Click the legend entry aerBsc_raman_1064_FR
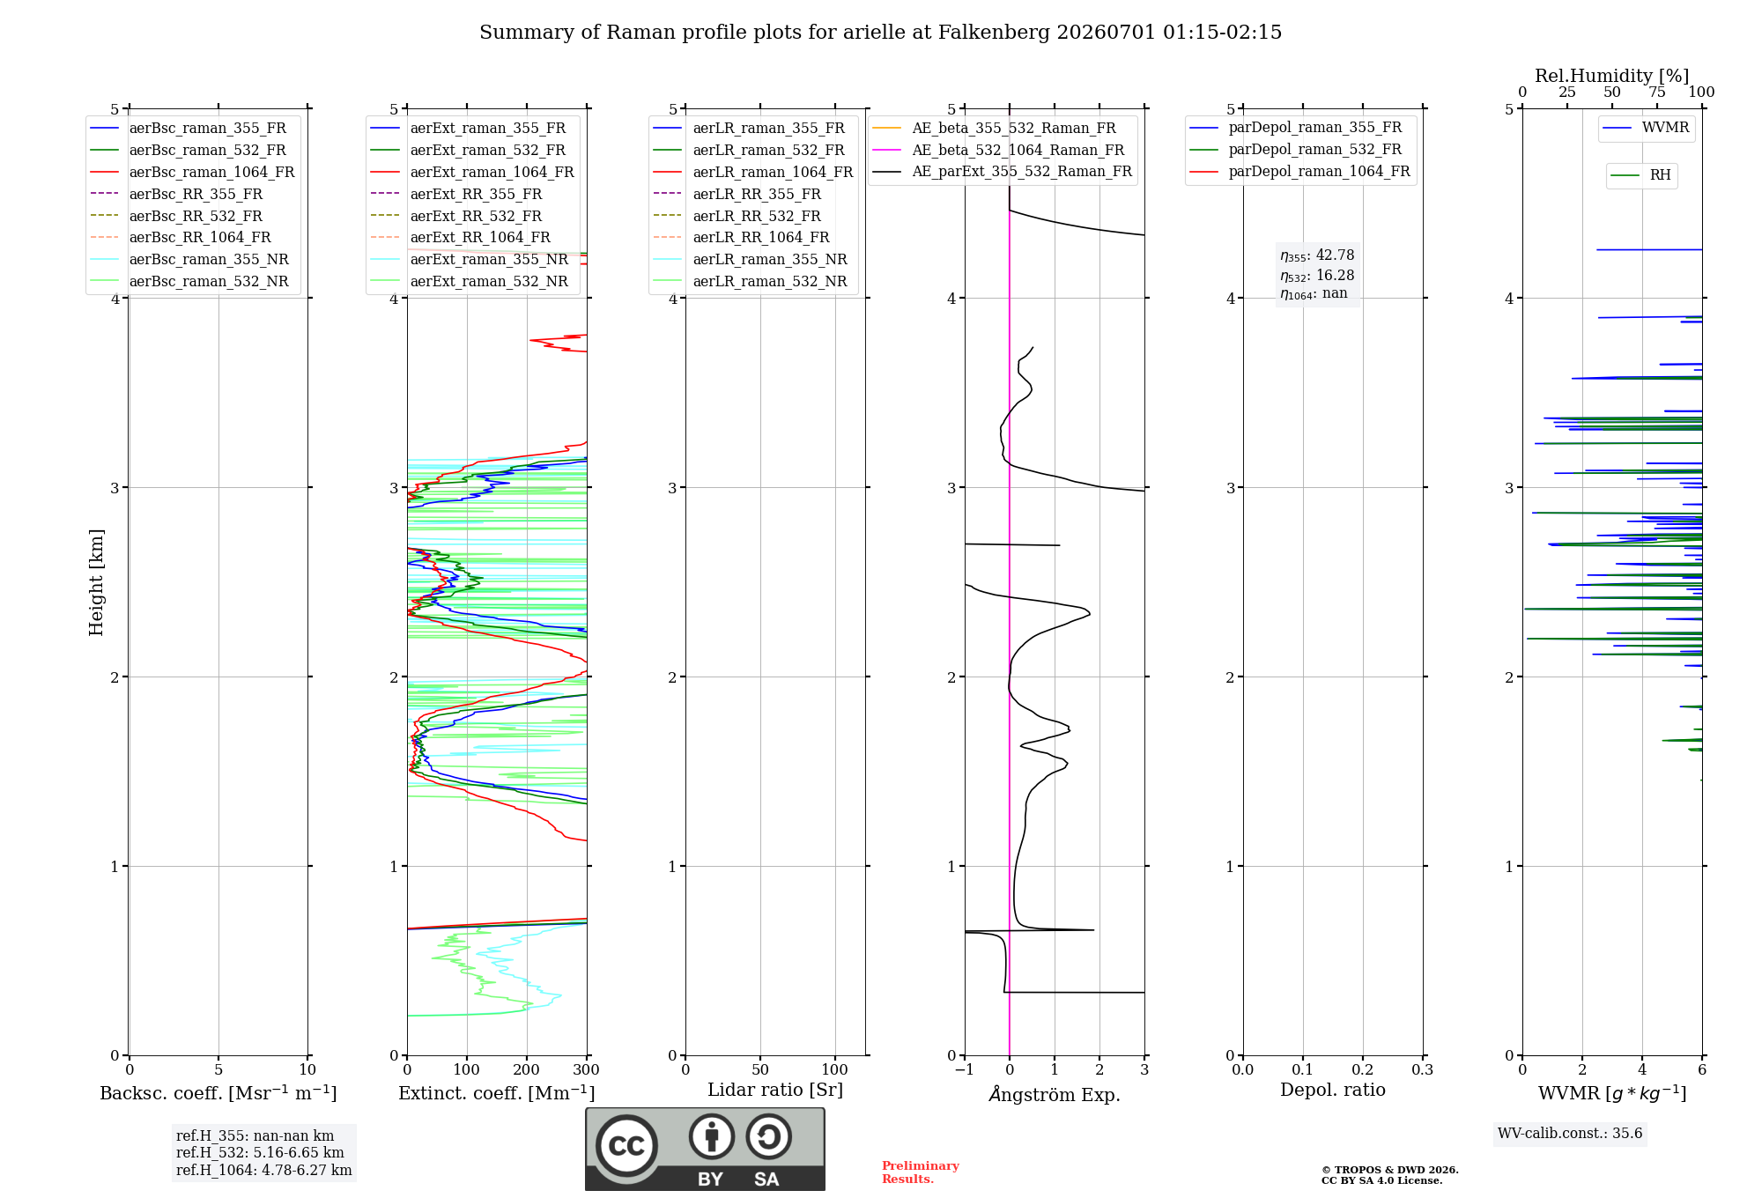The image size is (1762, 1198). click(x=192, y=172)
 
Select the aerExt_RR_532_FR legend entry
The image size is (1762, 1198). click(x=456, y=216)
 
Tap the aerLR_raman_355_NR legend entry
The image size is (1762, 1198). click(x=751, y=259)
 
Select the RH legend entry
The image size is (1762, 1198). click(x=1641, y=175)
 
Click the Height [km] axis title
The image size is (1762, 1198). click(x=96, y=582)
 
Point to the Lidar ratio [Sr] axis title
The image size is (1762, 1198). click(x=775, y=1090)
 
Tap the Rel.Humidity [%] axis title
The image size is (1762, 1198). click(x=1612, y=76)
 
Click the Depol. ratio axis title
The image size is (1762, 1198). click(x=1333, y=1090)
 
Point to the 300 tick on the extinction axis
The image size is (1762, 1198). click(x=587, y=1069)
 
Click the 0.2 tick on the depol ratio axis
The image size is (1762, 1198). click(x=1363, y=1069)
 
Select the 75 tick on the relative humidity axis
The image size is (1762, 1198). click(x=1657, y=92)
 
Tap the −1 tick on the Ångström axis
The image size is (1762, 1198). click(x=964, y=1069)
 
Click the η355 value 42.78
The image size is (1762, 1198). click(x=1336, y=255)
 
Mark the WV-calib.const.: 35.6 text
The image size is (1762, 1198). click(x=1570, y=1134)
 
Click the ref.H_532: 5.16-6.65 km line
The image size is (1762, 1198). click(x=260, y=1152)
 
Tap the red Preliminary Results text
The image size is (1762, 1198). click(x=921, y=1172)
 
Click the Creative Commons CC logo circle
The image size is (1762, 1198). click(x=626, y=1146)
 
